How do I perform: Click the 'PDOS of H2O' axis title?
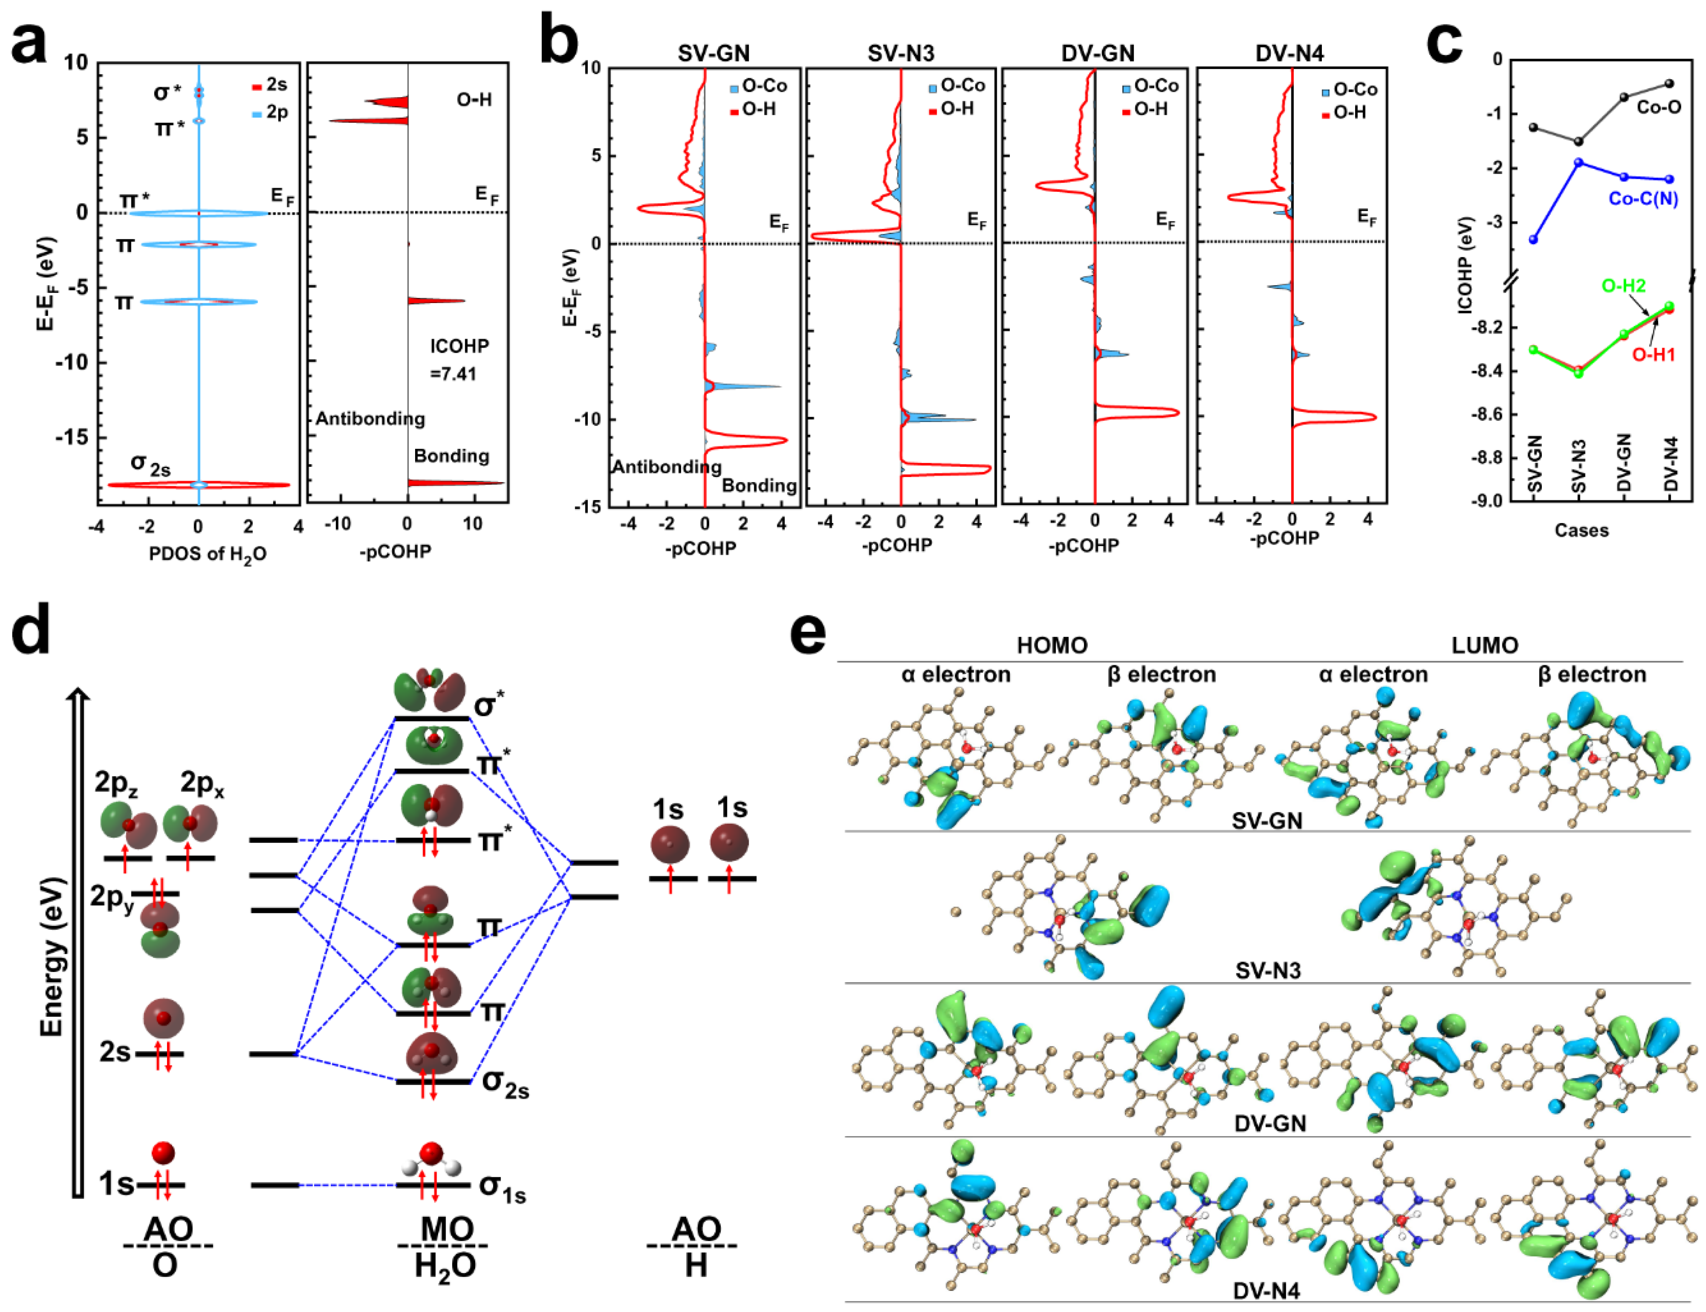tap(208, 554)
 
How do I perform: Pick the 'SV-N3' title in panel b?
tap(900, 53)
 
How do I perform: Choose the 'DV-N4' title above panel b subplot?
tap(1289, 53)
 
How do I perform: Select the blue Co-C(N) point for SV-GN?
tap(1533, 240)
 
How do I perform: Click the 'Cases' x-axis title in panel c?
tap(1581, 530)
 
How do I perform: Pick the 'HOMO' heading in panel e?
tap(1052, 646)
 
